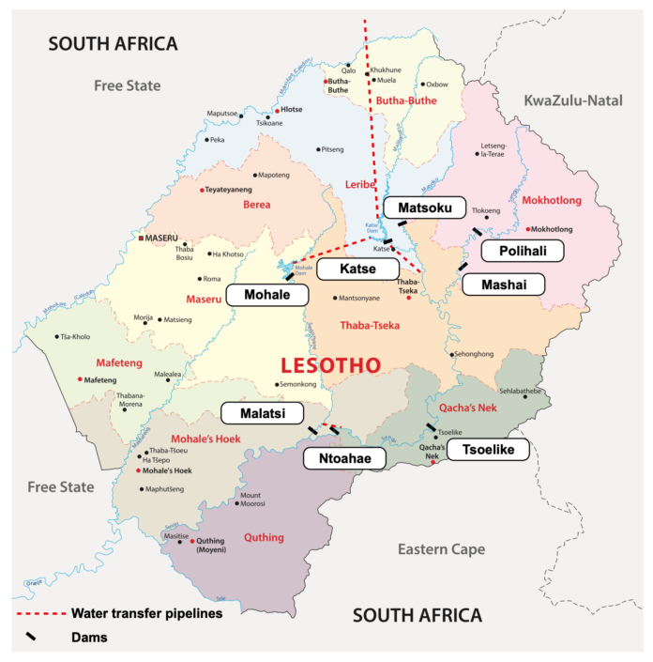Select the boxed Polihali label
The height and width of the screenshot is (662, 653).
[522, 251]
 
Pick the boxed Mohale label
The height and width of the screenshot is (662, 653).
[267, 294]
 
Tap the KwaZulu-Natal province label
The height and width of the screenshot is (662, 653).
[572, 100]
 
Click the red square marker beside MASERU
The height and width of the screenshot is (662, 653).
[141, 239]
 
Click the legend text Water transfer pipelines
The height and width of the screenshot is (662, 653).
[146, 614]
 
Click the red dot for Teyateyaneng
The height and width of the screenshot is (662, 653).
[202, 190]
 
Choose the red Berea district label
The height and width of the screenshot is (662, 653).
[256, 205]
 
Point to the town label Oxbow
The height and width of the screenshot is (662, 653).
[437, 85]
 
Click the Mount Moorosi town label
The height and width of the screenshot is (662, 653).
[251, 500]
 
